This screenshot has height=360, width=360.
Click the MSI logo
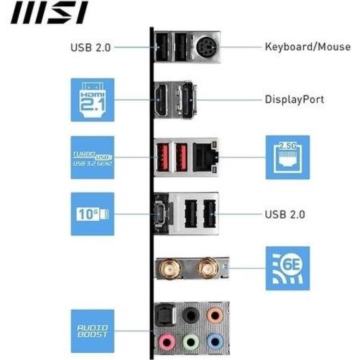point(49,13)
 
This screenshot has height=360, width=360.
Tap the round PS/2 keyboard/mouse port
point(207,47)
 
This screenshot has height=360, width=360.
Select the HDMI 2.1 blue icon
point(92,100)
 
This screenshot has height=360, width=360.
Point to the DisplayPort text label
point(294,100)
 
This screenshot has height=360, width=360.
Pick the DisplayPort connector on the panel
point(188,100)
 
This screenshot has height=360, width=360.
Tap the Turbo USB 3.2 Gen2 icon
point(92,157)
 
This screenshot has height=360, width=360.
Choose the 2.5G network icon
point(287,157)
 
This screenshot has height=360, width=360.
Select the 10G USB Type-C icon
point(92,214)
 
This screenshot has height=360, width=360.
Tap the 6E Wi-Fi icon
point(287,268)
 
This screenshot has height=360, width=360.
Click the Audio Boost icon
point(92,331)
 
